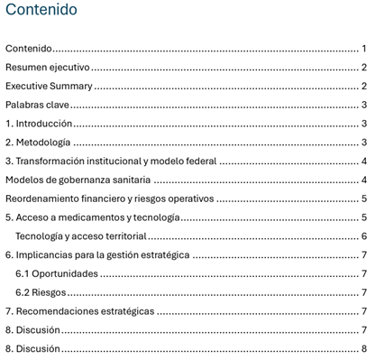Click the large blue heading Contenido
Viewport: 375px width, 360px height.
(x=41, y=11)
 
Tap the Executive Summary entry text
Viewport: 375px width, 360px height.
(x=49, y=87)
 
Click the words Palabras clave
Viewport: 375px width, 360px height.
(x=38, y=105)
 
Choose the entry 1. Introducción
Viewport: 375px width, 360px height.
(x=39, y=124)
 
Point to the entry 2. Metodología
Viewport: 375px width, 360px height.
(x=38, y=143)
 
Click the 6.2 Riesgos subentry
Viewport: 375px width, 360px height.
(x=41, y=292)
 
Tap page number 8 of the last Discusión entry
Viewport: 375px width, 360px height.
(x=364, y=348)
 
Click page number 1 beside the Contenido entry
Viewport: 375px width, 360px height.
(x=364, y=49)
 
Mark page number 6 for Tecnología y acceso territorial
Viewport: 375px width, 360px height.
(x=364, y=236)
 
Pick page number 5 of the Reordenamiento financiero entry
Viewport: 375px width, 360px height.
(x=364, y=198)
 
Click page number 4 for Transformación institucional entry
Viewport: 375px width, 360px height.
(x=364, y=162)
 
